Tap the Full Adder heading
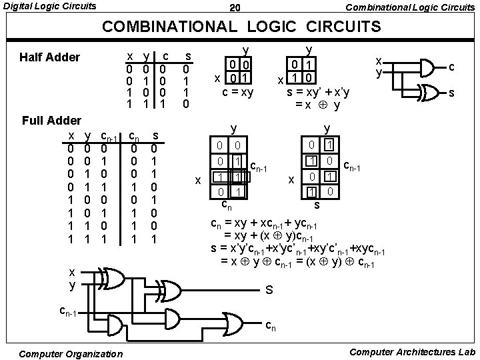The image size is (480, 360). tap(51, 121)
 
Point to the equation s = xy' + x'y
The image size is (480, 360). tap(319, 91)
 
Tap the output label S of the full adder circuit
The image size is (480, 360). tap(269, 290)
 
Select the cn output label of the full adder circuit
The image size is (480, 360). tap(271, 326)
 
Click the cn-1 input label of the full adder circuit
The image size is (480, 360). tap(71, 311)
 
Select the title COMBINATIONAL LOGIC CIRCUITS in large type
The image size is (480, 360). tap(241, 27)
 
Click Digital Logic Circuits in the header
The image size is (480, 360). tap(49, 7)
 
